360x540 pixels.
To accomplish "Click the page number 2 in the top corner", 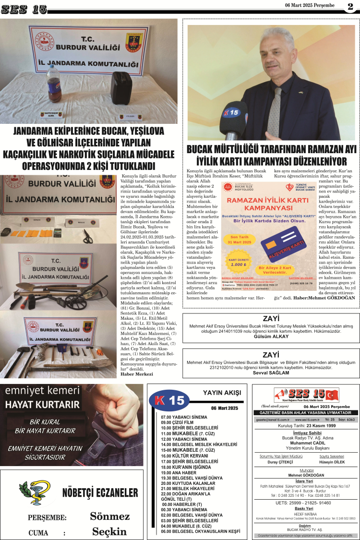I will click(350, 6).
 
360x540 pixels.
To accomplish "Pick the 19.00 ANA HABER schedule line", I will click(178, 472).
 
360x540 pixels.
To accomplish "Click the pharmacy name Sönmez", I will click(110, 516).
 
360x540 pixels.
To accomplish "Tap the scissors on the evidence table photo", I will click(88, 236).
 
